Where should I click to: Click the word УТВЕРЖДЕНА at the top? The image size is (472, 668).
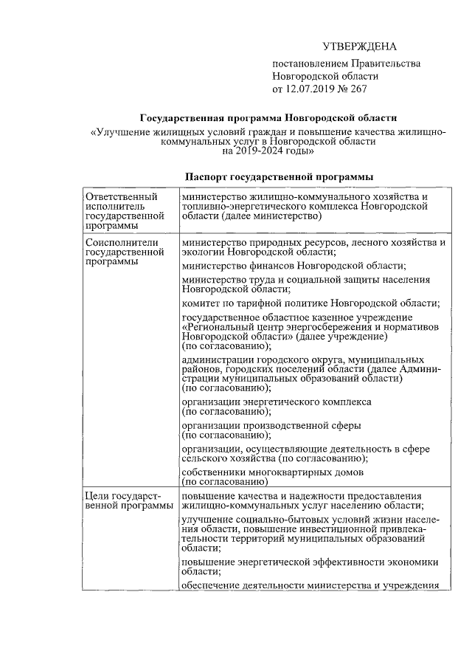(x=360, y=46)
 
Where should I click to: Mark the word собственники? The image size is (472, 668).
(x=217, y=472)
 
